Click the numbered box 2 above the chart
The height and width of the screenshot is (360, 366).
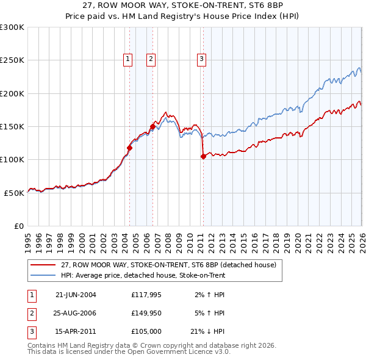coord(151,59)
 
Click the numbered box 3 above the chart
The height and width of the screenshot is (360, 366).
coord(201,59)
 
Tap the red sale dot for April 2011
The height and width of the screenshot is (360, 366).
coord(203,156)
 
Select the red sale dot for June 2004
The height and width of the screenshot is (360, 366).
coord(129,148)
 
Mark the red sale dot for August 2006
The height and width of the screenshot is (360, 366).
coord(152,126)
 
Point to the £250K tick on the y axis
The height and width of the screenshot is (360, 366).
coord(12,60)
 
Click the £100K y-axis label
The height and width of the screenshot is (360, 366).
coord(12,159)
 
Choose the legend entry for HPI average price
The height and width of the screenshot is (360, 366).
coord(143,275)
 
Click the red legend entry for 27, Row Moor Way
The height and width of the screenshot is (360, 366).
coord(168,265)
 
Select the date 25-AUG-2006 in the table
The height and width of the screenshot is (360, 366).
coord(76,314)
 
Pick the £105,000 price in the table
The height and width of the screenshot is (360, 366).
coord(146,333)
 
